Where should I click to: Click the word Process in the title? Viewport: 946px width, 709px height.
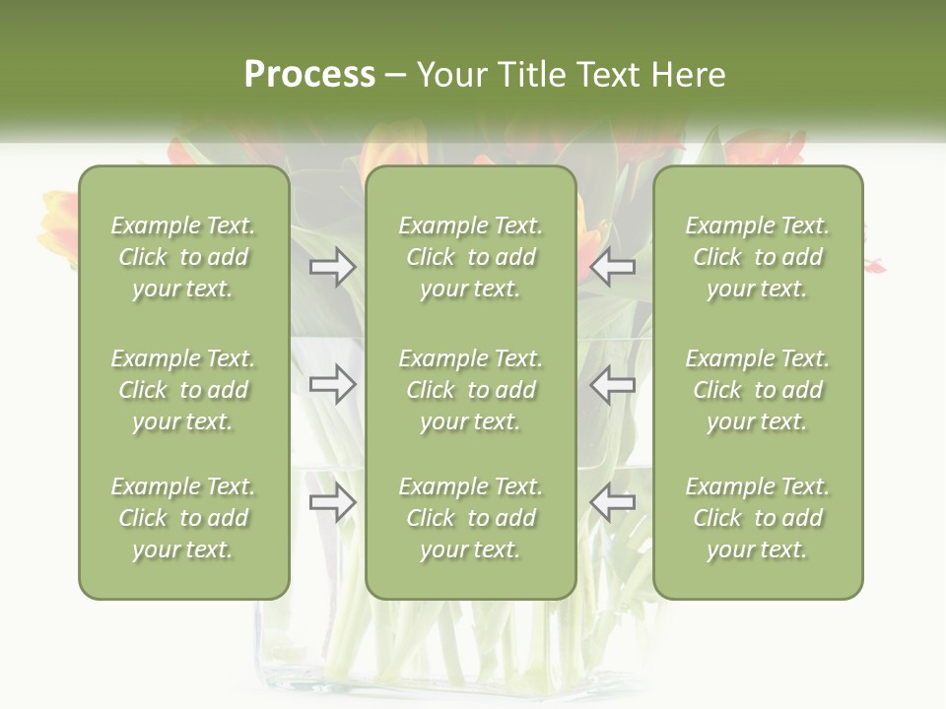tap(309, 75)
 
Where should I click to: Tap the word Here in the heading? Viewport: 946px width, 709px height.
tap(689, 75)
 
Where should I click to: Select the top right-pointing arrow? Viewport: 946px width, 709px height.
tap(333, 267)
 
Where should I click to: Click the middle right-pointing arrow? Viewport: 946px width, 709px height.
tap(333, 384)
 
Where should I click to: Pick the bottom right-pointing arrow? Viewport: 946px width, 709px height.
tap(333, 503)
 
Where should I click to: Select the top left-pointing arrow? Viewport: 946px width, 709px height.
tap(613, 267)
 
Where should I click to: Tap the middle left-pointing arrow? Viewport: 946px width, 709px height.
tap(613, 384)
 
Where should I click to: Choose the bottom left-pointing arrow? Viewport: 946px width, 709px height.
tap(613, 503)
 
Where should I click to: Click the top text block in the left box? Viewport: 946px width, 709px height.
tap(183, 257)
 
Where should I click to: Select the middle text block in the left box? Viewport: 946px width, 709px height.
tap(183, 390)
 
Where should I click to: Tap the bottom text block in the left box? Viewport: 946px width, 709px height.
tap(183, 518)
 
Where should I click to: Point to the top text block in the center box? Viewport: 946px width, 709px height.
tap(471, 257)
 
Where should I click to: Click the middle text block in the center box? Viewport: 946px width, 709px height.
tap(471, 390)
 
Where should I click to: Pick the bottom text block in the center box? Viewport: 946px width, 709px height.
tap(471, 518)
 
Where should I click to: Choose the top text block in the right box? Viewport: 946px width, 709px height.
tap(758, 257)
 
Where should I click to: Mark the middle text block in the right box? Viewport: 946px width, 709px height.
tap(758, 390)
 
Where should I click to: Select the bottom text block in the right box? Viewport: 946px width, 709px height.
tap(758, 518)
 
